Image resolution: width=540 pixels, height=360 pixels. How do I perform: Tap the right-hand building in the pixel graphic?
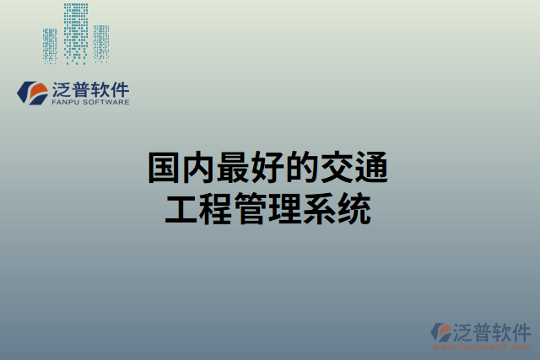coord(101,42)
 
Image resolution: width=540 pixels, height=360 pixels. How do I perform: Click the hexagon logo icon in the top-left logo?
coord(33,93)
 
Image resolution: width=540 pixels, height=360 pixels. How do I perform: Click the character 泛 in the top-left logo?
coord(62,89)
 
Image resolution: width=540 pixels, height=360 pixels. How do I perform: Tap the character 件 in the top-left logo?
coord(119,89)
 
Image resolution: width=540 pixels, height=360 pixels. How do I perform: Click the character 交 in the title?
coord(337,169)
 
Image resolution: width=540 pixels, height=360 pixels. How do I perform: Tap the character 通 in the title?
coord(371,169)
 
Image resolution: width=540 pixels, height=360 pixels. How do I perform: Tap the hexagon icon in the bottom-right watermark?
coord(441,332)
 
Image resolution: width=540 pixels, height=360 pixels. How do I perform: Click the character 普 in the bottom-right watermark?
coord(483,330)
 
